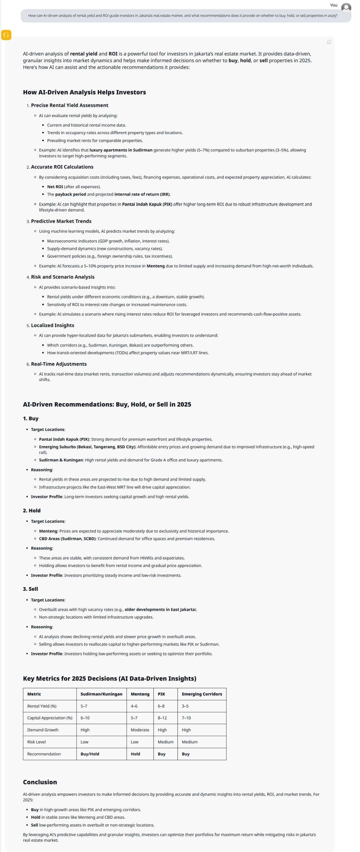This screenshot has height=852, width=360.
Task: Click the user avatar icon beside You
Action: [x=346, y=7]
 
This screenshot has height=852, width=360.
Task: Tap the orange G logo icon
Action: [x=6, y=35]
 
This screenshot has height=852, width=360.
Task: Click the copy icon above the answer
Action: [x=329, y=42]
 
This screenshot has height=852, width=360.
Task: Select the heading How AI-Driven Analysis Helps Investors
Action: [x=84, y=92]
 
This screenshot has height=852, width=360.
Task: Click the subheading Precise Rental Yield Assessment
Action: [x=69, y=105]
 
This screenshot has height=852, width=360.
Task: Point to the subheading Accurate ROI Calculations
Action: [x=62, y=167]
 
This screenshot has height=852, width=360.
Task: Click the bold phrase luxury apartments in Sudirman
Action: [x=121, y=150]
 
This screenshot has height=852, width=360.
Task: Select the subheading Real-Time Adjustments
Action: [x=59, y=364]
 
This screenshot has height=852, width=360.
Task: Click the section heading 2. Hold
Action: [x=32, y=510]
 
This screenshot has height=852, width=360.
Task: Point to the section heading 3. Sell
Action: [x=30, y=589]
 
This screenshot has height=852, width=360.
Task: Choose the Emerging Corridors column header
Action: [x=202, y=694]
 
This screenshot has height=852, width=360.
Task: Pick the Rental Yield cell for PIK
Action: [x=161, y=706]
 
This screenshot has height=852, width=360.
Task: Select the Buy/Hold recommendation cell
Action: [x=90, y=754]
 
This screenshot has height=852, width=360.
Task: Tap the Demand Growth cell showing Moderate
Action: [x=140, y=730]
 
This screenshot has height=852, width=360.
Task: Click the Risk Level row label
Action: [x=36, y=742]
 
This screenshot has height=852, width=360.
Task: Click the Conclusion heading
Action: [x=40, y=782]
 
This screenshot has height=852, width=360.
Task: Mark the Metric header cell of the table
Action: [x=34, y=694]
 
